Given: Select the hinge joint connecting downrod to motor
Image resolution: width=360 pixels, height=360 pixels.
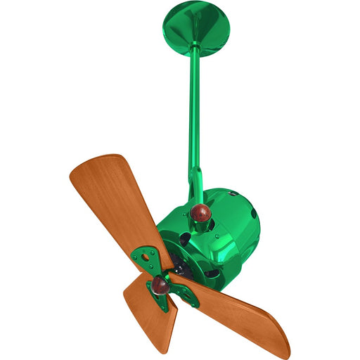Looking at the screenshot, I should click(196, 183).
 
